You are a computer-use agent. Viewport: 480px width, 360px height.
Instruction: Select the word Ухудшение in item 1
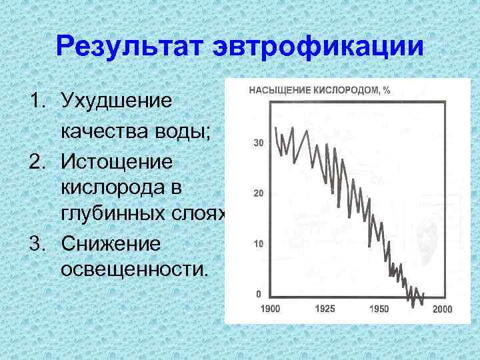tap(117, 101)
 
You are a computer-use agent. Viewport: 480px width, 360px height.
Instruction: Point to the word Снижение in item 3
tap(111, 243)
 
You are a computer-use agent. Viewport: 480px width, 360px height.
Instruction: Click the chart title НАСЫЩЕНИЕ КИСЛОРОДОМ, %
tap(319, 90)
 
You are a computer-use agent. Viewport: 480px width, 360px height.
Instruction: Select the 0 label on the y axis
tap(259, 294)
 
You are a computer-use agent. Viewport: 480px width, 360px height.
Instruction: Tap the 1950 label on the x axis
tap(379, 309)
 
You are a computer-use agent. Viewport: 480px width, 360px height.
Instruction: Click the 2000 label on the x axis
tap(443, 309)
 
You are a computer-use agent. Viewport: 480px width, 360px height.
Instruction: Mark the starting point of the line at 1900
tap(275, 127)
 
